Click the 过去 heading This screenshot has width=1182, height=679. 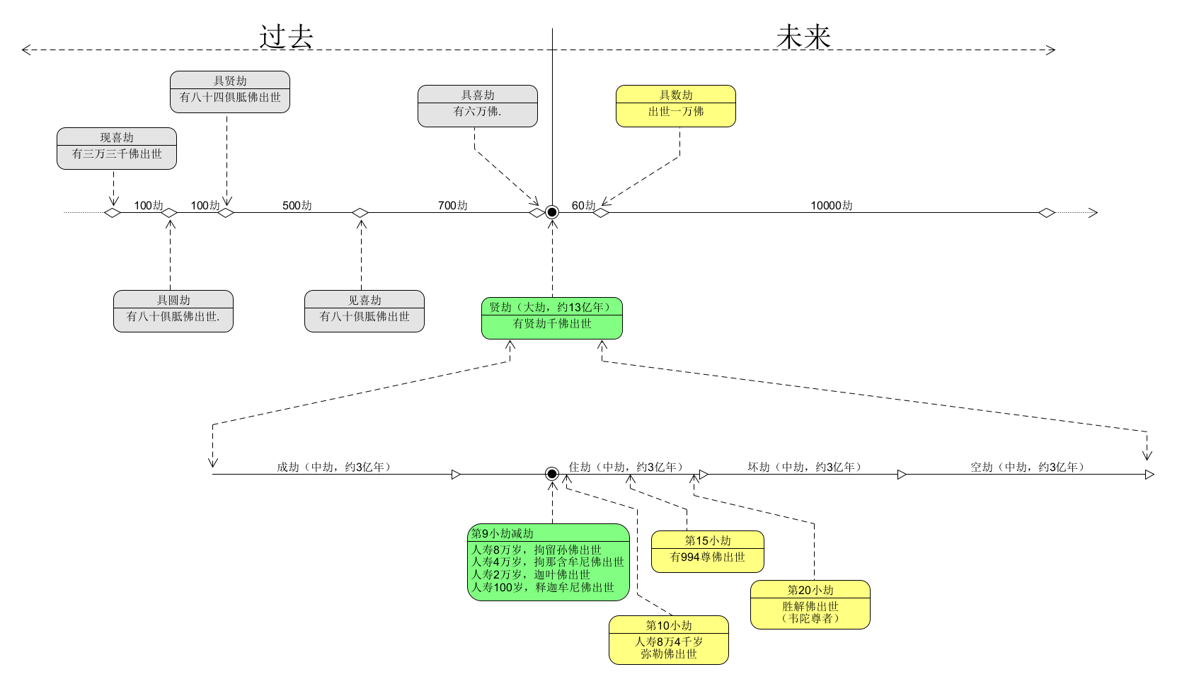point(286,37)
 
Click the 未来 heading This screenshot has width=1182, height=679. point(803,37)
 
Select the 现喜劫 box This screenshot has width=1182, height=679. point(117,149)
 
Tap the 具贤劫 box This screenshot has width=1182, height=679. point(230,92)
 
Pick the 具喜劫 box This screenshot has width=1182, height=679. point(478,106)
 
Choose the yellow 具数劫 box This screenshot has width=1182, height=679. point(676,106)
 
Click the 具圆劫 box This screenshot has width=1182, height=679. point(173,311)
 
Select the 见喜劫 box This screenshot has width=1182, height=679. point(365,311)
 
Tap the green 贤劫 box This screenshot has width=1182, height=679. point(552,318)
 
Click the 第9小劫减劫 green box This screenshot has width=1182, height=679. point(549,562)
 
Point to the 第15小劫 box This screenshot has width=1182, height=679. point(708,552)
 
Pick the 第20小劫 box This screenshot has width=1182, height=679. point(810,605)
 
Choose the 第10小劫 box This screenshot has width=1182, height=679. point(669,640)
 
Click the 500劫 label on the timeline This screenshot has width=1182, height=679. point(297,205)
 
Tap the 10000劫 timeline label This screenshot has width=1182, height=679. point(832,205)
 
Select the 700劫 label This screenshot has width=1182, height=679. point(453,205)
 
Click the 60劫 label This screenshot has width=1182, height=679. point(584,205)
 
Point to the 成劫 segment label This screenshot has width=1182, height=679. point(333,467)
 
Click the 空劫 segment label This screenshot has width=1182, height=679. point(1027,467)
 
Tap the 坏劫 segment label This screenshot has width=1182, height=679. point(804,467)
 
